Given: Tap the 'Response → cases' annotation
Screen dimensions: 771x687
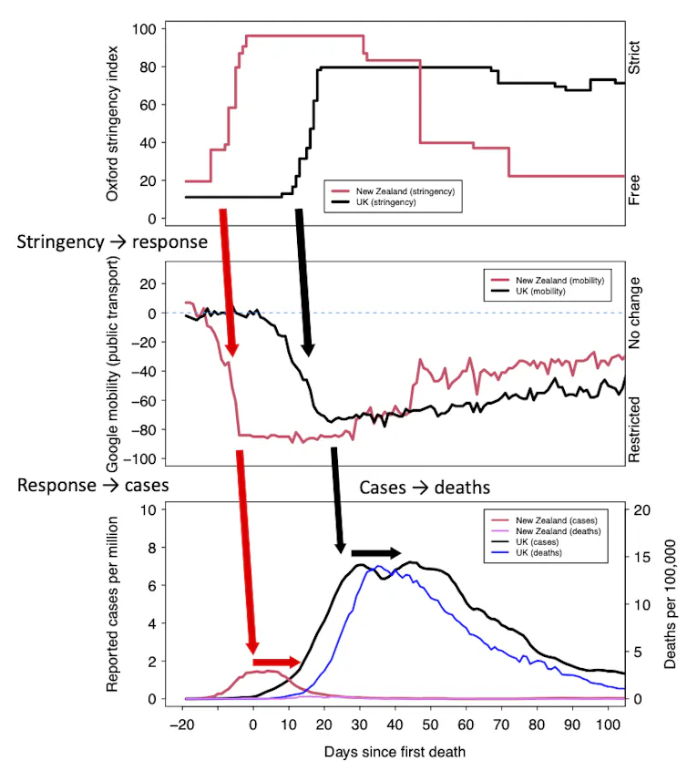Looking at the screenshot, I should pos(94,485).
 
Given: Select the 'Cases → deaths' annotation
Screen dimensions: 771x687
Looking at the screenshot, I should pos(425,487).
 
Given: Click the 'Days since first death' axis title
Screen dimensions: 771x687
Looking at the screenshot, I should pos(394,751).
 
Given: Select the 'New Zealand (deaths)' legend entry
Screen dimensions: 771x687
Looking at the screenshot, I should pos(557,530).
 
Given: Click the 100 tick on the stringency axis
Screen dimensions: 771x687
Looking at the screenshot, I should pos(140,28).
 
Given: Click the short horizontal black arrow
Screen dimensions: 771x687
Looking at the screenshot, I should pos(375,553).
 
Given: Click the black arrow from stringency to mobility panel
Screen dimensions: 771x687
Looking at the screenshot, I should pos(303,283).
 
